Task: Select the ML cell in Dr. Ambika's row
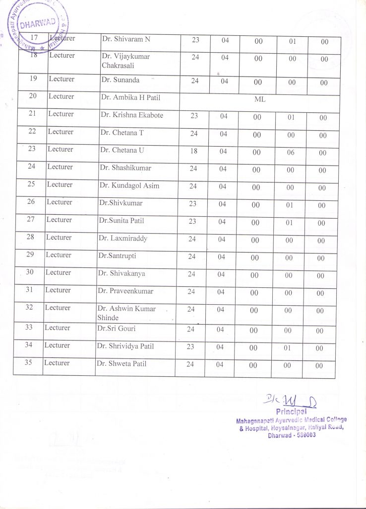pyautogui.click(x=260, y=99)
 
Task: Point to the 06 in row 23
pyautogui.click(x=291, y=153)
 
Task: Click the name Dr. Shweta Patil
pyautogui.click(x=122, y=363)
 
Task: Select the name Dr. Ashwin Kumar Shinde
pyautogui.click(x=126, y=313)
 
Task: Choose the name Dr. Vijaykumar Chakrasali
pyautogui.click(x=125, y=61)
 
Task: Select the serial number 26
pyautogui.click(x=30, y=202)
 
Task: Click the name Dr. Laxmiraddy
pyautogui.click(x=122, y=238)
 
